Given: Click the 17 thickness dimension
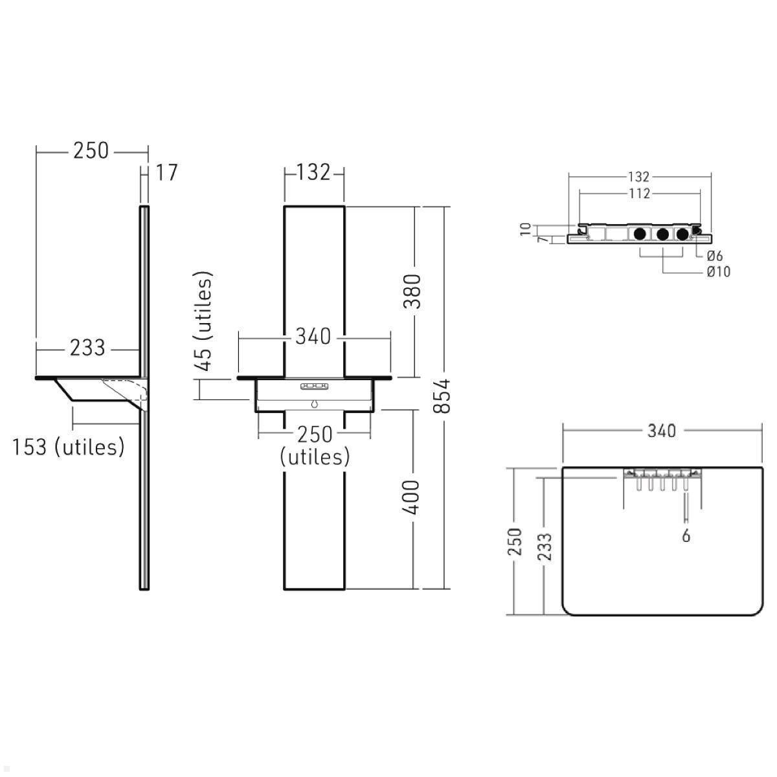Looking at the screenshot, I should coord(166,174).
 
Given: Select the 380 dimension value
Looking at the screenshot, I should coord(412,291).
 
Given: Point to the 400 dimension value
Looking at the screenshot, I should coord(412,497).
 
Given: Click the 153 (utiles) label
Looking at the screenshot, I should coord(69,447).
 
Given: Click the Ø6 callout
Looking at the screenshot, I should coord(714,256).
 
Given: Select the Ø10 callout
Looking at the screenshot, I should coord(718,272).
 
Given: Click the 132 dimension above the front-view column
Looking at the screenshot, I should coord(314,172).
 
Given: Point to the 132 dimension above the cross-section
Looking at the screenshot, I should coord(638,177).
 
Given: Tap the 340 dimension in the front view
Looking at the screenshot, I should coord(313,336).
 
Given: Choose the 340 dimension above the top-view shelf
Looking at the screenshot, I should coord(661,431).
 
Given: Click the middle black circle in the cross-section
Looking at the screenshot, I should coord(662,234).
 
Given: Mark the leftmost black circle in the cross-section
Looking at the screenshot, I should coord(640,234).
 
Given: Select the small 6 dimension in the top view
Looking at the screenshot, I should coord(686,535).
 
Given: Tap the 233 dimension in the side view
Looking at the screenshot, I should coord(87,348).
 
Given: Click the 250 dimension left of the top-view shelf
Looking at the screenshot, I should coord(514,541).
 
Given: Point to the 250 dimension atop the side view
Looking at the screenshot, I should coord(91,151).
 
